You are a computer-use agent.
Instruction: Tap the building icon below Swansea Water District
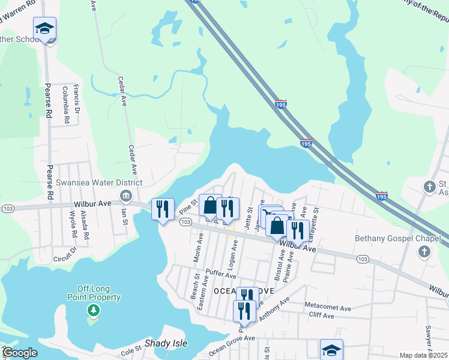(x=125, y=194)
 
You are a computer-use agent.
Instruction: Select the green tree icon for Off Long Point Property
(x=93, y=310)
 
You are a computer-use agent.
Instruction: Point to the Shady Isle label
(x=166, y=344)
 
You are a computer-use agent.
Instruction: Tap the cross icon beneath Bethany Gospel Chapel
(x=424, y=251)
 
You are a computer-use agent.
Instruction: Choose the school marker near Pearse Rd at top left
(x=44, y=29)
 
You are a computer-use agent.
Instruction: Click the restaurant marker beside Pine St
(x=163, y=209)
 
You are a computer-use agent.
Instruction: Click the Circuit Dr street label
(x=66, y=256)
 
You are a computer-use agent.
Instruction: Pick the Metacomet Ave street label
(x=328, y=307)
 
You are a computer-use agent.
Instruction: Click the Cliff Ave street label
(x=321, y=315)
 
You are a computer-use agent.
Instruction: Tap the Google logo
(x=20, y=353)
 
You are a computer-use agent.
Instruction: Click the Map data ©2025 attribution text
(x=424, y=355)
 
